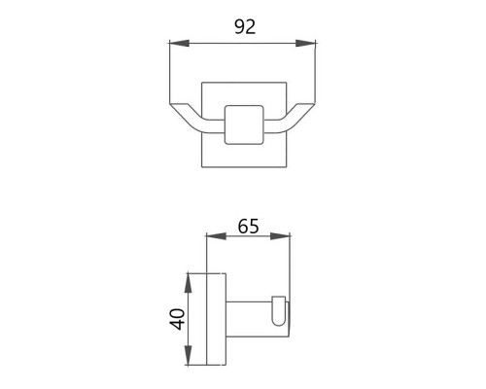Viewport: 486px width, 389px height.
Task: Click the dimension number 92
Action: pos(245,27)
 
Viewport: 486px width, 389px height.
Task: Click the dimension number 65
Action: pos(248,227)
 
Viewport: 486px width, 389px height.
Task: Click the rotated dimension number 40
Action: pos(177,320)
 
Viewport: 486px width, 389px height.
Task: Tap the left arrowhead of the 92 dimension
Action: pos(179,43)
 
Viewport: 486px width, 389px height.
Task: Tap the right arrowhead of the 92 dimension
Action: pos(305,43)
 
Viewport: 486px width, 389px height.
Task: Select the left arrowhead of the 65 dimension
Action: pos(216,236)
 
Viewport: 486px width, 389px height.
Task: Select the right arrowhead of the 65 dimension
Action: pos(280,236)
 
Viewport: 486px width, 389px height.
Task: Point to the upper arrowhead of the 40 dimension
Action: pos(189,283)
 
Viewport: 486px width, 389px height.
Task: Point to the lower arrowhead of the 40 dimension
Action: pos(189,356)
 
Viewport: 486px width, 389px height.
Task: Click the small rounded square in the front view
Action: pos(244,124)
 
